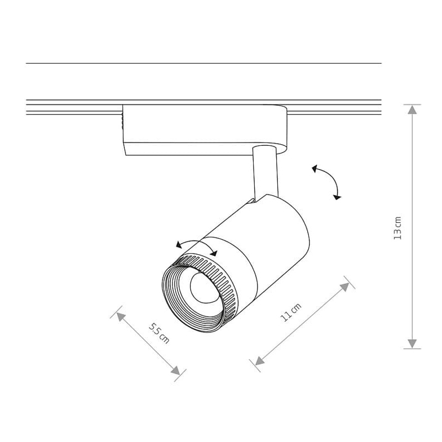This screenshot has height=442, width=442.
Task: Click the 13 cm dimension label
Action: click(397, 228)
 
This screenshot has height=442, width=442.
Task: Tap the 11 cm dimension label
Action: click(291, 312)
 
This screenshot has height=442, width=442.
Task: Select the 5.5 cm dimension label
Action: click(159, 334)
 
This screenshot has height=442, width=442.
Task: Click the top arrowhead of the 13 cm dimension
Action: click(412, 109)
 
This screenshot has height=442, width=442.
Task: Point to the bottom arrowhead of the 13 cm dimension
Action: click(412, 344)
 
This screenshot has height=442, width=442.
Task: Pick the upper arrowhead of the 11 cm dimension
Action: click(345, 287)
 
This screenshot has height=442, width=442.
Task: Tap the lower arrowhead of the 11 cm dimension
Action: click(259, 361)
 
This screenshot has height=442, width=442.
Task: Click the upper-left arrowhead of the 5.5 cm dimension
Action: click(120, 316)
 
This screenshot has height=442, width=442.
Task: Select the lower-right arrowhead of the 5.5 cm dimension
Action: click(176, 371)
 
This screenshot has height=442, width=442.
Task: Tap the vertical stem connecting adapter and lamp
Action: click(266, 171)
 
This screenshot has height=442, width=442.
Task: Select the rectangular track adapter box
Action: click(205, 130)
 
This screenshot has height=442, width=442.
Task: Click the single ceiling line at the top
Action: click(203, 63)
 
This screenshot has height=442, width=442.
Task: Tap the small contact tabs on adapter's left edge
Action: click(122, 120)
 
